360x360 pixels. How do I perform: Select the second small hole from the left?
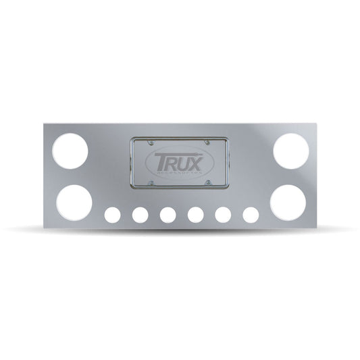pyautogui.click(x=140, y=215)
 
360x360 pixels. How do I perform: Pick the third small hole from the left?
pyautogui.click(x=168, y=215)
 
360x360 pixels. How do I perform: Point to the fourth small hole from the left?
pyautogui.click(x=196, y=215)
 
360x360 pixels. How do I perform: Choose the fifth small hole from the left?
pyautogui.click(x=224, y=215)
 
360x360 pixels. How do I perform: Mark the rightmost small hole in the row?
pyautogui.click(x=251, y=215)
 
